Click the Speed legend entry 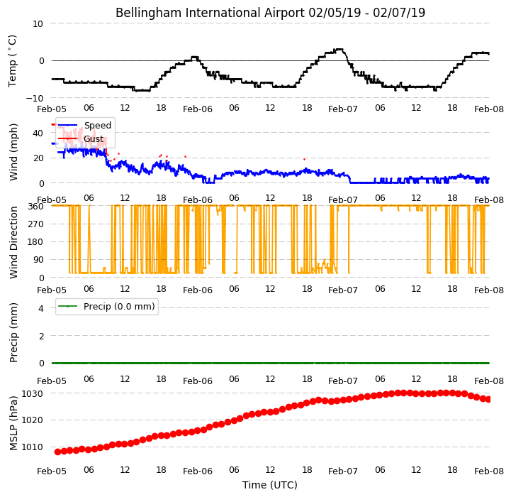85,126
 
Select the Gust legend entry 81,138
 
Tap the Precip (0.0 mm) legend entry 106,306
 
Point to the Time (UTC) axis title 270,485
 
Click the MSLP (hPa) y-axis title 13,424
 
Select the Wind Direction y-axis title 13,242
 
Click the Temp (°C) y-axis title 12,61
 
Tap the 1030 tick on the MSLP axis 33,394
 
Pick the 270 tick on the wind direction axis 37,224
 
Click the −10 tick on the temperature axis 35,98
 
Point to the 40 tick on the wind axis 38,133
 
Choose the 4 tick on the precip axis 40,308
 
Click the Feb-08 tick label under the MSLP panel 489,471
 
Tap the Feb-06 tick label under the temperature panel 198,109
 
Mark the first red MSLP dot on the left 57,452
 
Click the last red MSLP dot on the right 488,399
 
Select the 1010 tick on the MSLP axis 33,447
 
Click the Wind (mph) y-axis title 13,152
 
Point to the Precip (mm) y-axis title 13,333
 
